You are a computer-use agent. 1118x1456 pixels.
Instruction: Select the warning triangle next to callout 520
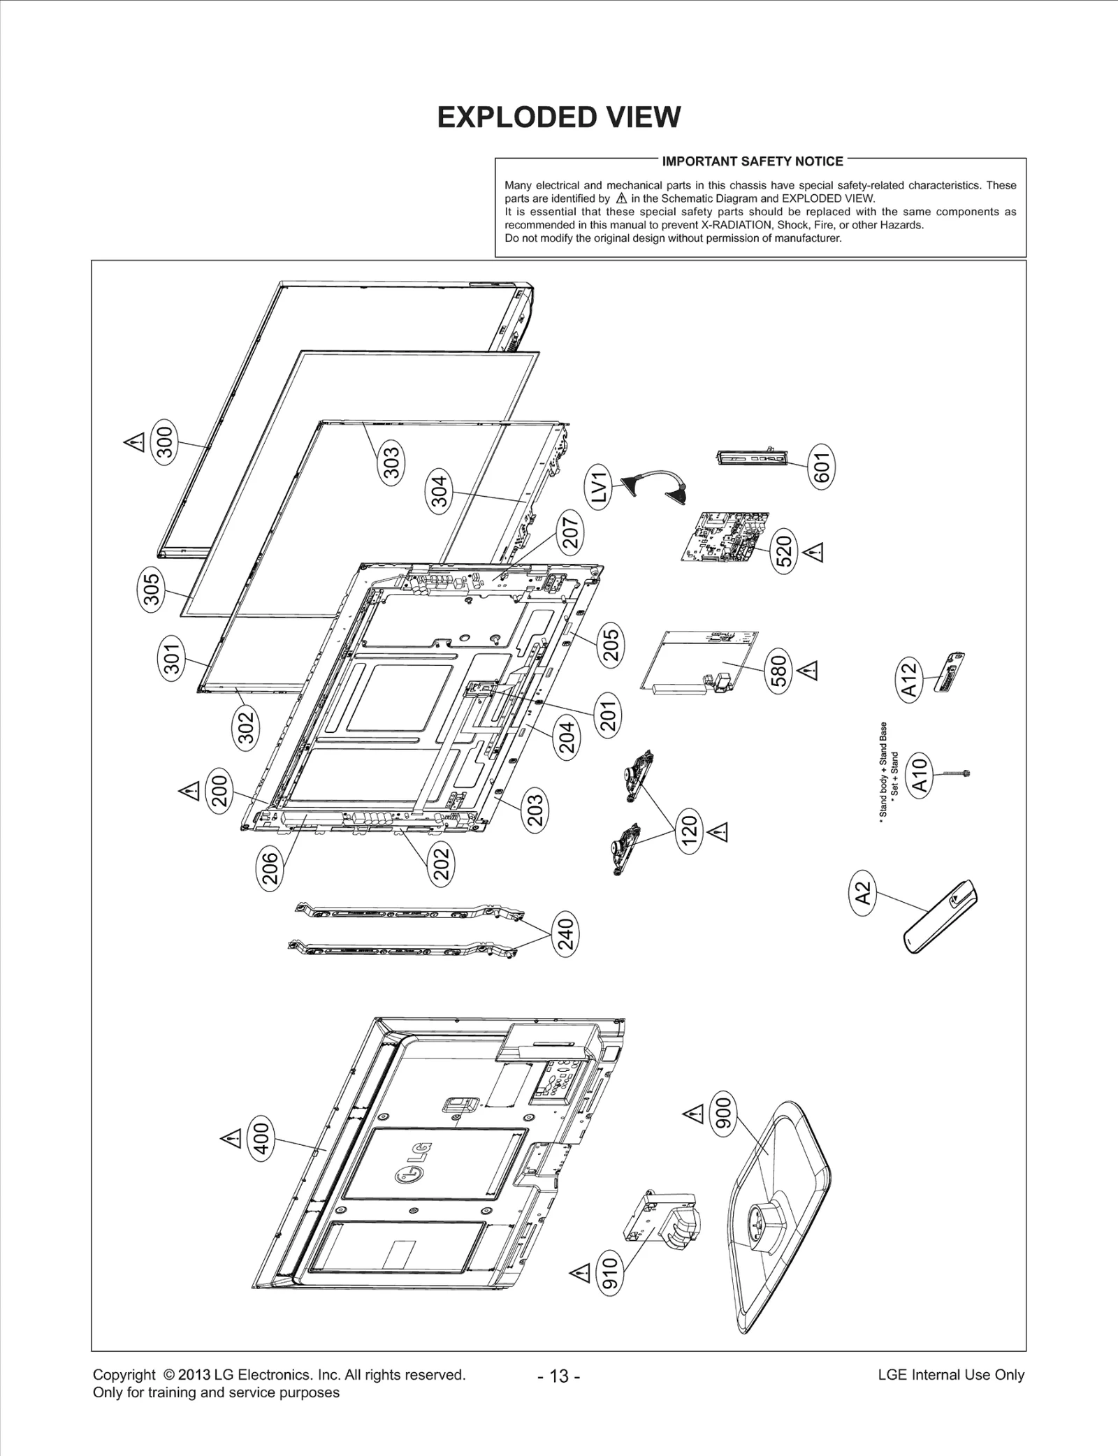[814, 552]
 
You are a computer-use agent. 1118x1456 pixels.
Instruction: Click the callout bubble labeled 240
[565, 934]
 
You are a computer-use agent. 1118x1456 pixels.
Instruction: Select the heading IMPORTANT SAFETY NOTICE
[753, 161]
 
